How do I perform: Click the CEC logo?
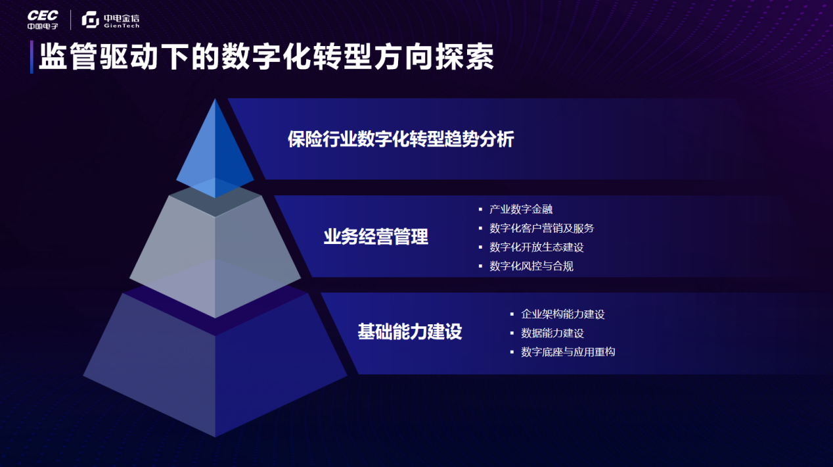pos(43,19)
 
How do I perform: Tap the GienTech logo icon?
pos(91,19)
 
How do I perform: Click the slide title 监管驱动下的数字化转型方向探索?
pos(266,57)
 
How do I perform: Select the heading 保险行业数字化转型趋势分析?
pos(401,139)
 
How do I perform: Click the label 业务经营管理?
pos(376,237)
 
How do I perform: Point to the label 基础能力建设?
pos(410,332)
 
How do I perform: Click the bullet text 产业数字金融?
pos(521,209)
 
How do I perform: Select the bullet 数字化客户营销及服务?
pos(542,228)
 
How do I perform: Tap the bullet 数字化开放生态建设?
pos(537,247)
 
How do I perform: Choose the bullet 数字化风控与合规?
pos(531,266)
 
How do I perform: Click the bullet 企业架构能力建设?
pos(563,314)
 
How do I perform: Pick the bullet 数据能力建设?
pos(552,333)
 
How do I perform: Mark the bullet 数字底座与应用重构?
pos(568,353)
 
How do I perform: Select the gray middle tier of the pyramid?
pos(215,253)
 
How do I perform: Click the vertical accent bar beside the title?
pos(32,57)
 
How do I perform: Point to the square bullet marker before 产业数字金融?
pos(480,210)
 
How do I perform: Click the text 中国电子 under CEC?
pos(43,26)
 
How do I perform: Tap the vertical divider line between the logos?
pos(71,20)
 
